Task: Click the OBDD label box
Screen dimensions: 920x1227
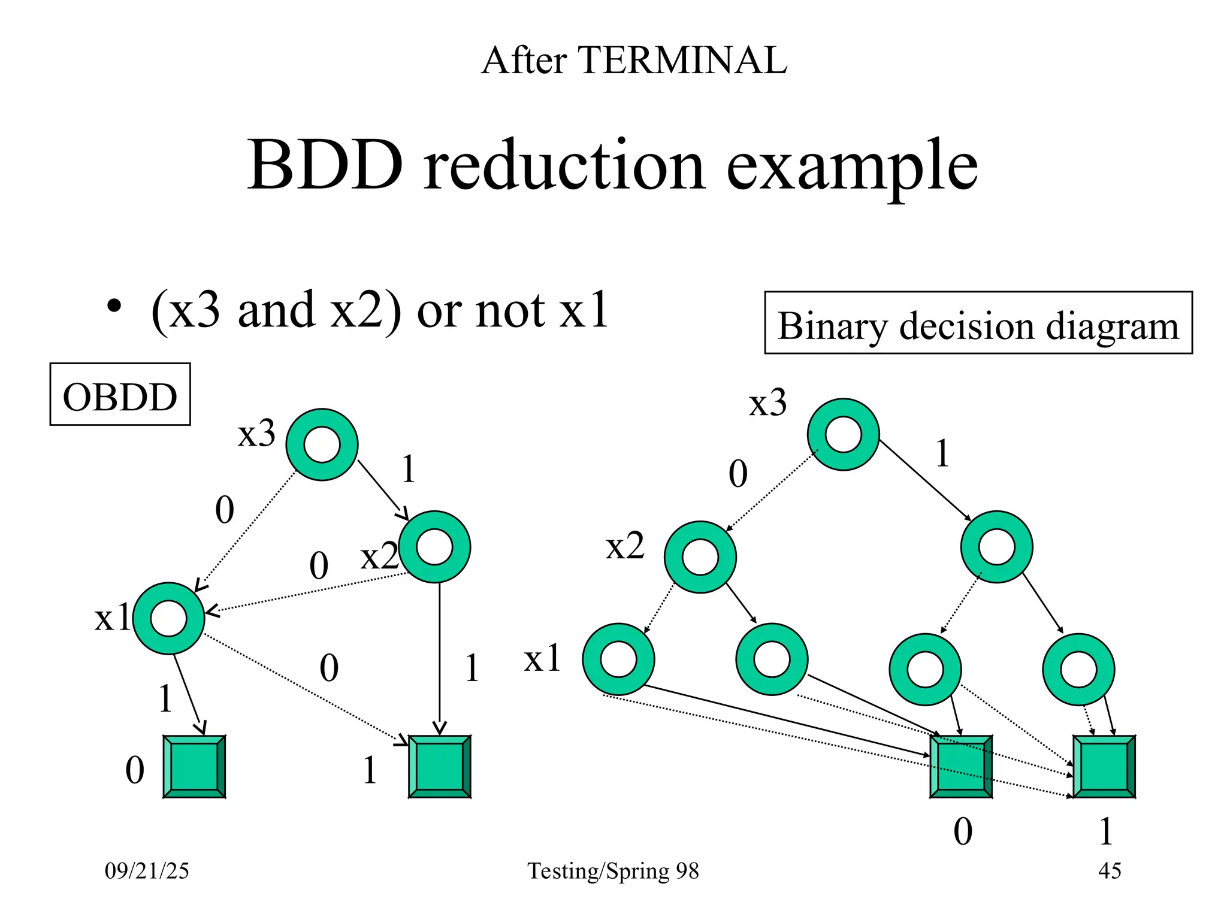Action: point(120,394)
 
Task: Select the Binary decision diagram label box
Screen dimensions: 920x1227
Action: point(978,323)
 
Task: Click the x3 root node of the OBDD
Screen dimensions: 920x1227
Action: point(322,444)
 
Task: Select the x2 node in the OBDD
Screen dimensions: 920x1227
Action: point(434,546)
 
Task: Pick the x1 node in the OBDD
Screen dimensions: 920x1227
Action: point(169,618)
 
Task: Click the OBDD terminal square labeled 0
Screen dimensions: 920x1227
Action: point(194,767)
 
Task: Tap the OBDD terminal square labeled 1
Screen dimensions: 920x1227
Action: point(439,767)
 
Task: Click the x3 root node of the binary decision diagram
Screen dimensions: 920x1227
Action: point(843,434)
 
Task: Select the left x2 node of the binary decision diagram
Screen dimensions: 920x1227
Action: point(700,557)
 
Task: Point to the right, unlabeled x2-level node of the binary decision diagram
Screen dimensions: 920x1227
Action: point(996,546)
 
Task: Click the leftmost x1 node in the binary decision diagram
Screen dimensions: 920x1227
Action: point(618,659)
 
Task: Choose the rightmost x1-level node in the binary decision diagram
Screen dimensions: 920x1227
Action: point(1078,669)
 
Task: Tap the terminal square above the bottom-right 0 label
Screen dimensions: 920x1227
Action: point(960,767)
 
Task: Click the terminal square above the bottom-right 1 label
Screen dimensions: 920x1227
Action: point(1104,767)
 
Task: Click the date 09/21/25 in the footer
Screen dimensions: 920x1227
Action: point(147,871)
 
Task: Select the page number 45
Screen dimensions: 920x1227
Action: point(1110,871)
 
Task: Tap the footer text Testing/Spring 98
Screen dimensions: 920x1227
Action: point(613,871)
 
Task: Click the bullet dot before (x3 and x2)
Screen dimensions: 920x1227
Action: point(114,307)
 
